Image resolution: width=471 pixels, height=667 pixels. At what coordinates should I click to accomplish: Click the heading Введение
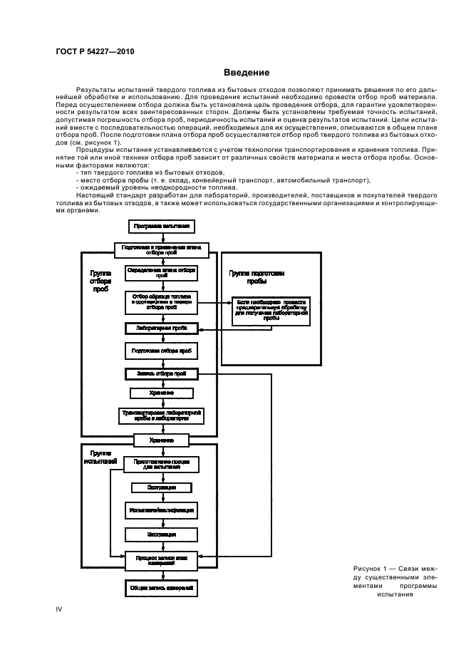[246, 72]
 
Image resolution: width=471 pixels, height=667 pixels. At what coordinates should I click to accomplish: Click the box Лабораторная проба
[161, 329]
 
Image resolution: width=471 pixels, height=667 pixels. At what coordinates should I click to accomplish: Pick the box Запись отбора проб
[161, 373]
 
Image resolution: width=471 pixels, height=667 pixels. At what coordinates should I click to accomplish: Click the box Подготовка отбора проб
[161, 351]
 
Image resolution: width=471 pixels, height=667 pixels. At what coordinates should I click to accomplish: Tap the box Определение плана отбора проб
[161, 274]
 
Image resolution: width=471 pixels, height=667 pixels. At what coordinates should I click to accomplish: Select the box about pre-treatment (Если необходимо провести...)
[271, 311]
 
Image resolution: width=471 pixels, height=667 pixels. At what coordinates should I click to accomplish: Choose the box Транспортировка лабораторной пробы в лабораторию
[161, 415]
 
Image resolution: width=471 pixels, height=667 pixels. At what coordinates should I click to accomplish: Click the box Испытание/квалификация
[161, 511]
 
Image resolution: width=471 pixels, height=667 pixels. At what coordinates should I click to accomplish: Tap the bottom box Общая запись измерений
[161, 588]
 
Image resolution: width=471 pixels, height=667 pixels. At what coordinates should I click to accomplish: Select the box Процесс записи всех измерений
[161, 560]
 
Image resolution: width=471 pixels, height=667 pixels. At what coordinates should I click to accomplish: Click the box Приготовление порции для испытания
[161, 465]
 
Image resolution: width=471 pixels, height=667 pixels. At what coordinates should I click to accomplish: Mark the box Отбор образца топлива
[161, 301]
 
